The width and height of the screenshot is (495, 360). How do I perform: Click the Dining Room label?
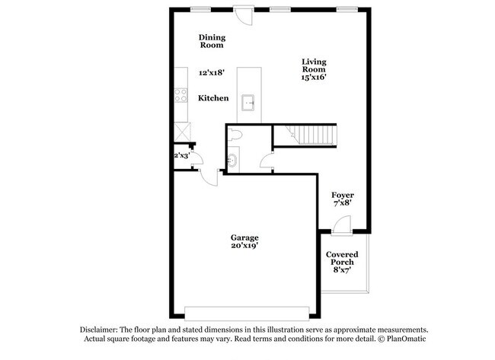[212, 41]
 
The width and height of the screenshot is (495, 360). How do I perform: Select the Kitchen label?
[213, 99]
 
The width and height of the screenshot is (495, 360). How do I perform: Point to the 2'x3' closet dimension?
[182, 156]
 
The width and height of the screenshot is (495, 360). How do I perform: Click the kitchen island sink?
[249, 101]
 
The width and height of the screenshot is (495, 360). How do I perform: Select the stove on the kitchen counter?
[182, 95]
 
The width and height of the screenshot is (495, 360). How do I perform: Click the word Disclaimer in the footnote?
[103, 328]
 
